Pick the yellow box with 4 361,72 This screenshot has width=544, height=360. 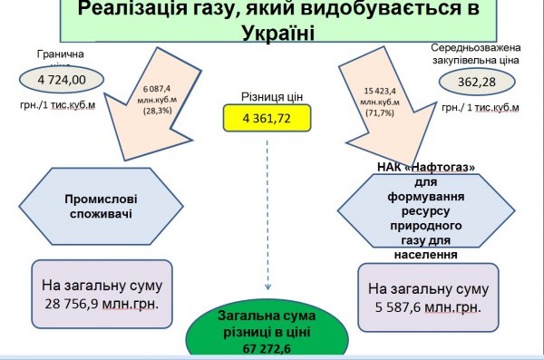tap(267, 117)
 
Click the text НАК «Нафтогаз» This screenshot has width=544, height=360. tap(426, 167)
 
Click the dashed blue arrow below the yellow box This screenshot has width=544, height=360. tap(267, 209)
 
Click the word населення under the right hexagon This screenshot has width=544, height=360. tap(426, 255)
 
